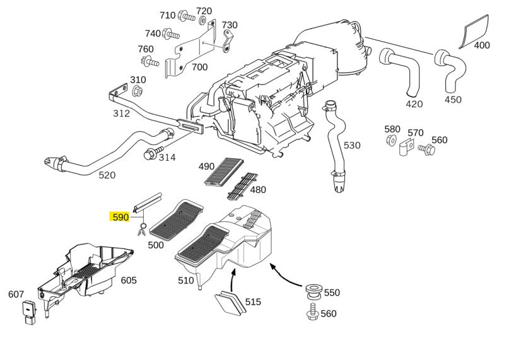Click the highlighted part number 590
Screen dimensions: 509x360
click(120, 217)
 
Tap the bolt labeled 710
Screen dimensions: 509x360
click(186, 16)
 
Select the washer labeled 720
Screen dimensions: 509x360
click(202, 20)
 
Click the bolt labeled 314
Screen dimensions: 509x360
click(153, 153)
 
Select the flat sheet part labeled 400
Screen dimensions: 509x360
click(474, 31)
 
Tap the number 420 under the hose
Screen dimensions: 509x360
click(414, 104)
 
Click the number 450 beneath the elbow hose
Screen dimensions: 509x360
click(453, 100)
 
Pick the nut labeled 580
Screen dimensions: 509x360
click(392, 140)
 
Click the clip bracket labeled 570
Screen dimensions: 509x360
click(406, 148)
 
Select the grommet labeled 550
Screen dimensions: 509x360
click(314, 291)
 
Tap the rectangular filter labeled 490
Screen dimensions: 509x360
click(225, 171)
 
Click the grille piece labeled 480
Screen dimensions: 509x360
click(242, 187)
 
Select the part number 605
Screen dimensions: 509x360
click(129, 280)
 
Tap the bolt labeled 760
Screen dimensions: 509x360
click(150, 61)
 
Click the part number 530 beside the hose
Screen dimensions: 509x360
click(352, 145)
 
